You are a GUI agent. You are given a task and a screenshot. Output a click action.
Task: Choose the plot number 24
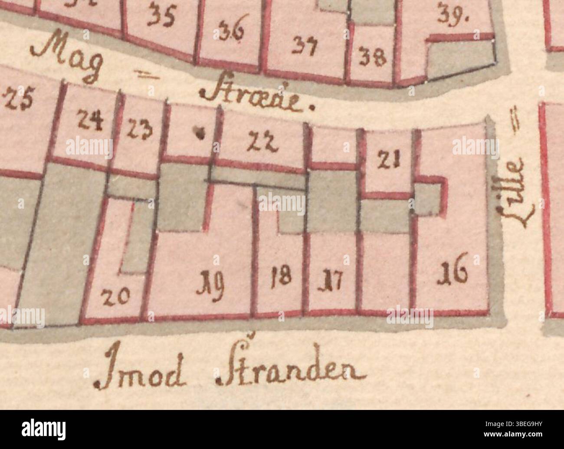coord(90,120)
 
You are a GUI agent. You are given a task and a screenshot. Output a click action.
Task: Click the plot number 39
coord(451,16)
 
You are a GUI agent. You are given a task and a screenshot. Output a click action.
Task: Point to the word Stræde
coord(256,99)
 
